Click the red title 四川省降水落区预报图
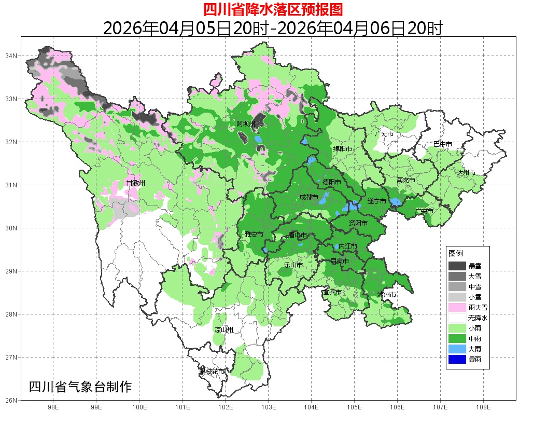point(273,10)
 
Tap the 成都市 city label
point(310,197)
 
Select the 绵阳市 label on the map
point(342,148)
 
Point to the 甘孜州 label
point(136,183)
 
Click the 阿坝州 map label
point(246,123)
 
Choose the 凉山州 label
point(224,330)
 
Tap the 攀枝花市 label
point(213,372)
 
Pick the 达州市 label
point(466,172)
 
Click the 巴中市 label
point(443,144)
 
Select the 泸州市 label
point(387,294)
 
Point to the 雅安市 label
point(254,235)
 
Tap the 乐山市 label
point(293,265)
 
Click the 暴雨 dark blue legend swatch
point(457,359)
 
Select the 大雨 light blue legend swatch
point(457,349)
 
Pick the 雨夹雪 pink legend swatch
point(457,307)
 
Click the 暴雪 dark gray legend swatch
point(457,266)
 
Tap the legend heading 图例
point(456,253)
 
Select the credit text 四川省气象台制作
point(80,387)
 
